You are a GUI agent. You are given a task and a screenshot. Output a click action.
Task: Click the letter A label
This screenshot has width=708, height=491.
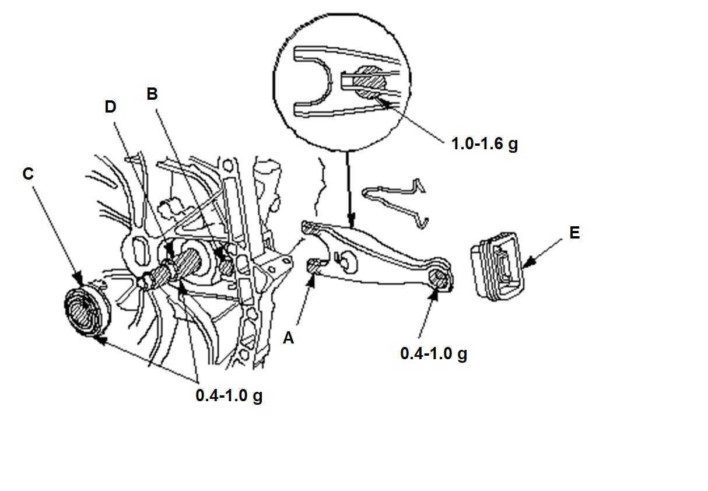pyautogui.click(x=288, y=338)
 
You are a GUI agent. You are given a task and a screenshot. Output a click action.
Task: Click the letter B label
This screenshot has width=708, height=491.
pyautogui.click(x=152, y=94)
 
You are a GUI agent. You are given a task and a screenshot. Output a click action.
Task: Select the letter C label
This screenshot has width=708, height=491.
pyautogui.click(x=28, y=174)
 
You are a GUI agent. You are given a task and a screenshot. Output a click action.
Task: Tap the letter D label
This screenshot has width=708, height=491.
pyautogui.click(x=110, y=107)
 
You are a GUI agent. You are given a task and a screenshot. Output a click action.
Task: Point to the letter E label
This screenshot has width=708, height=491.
pyautogui.click(x=574, y=233)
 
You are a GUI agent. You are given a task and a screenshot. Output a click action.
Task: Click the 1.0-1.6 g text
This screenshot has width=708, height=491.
pyautogui.click(x=485, y=145)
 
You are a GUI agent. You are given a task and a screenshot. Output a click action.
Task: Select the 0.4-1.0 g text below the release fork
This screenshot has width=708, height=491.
pyautogui.click(x=433, y=354)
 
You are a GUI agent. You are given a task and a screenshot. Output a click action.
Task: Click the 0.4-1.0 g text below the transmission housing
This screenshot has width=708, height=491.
pyautogui.click(x=229, y=395)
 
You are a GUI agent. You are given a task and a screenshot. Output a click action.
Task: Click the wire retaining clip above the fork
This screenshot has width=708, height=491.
pyautogui.click(x=395, y=202)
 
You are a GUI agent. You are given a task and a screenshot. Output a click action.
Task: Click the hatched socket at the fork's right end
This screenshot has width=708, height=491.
pyautogui.click(x=439, y=278)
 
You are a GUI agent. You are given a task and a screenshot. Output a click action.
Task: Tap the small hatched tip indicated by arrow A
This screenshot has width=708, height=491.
pyautogui.click(x=314, y=265)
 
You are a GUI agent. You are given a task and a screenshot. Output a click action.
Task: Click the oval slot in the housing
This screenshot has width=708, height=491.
pyautogui.click(x=140, y=252)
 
